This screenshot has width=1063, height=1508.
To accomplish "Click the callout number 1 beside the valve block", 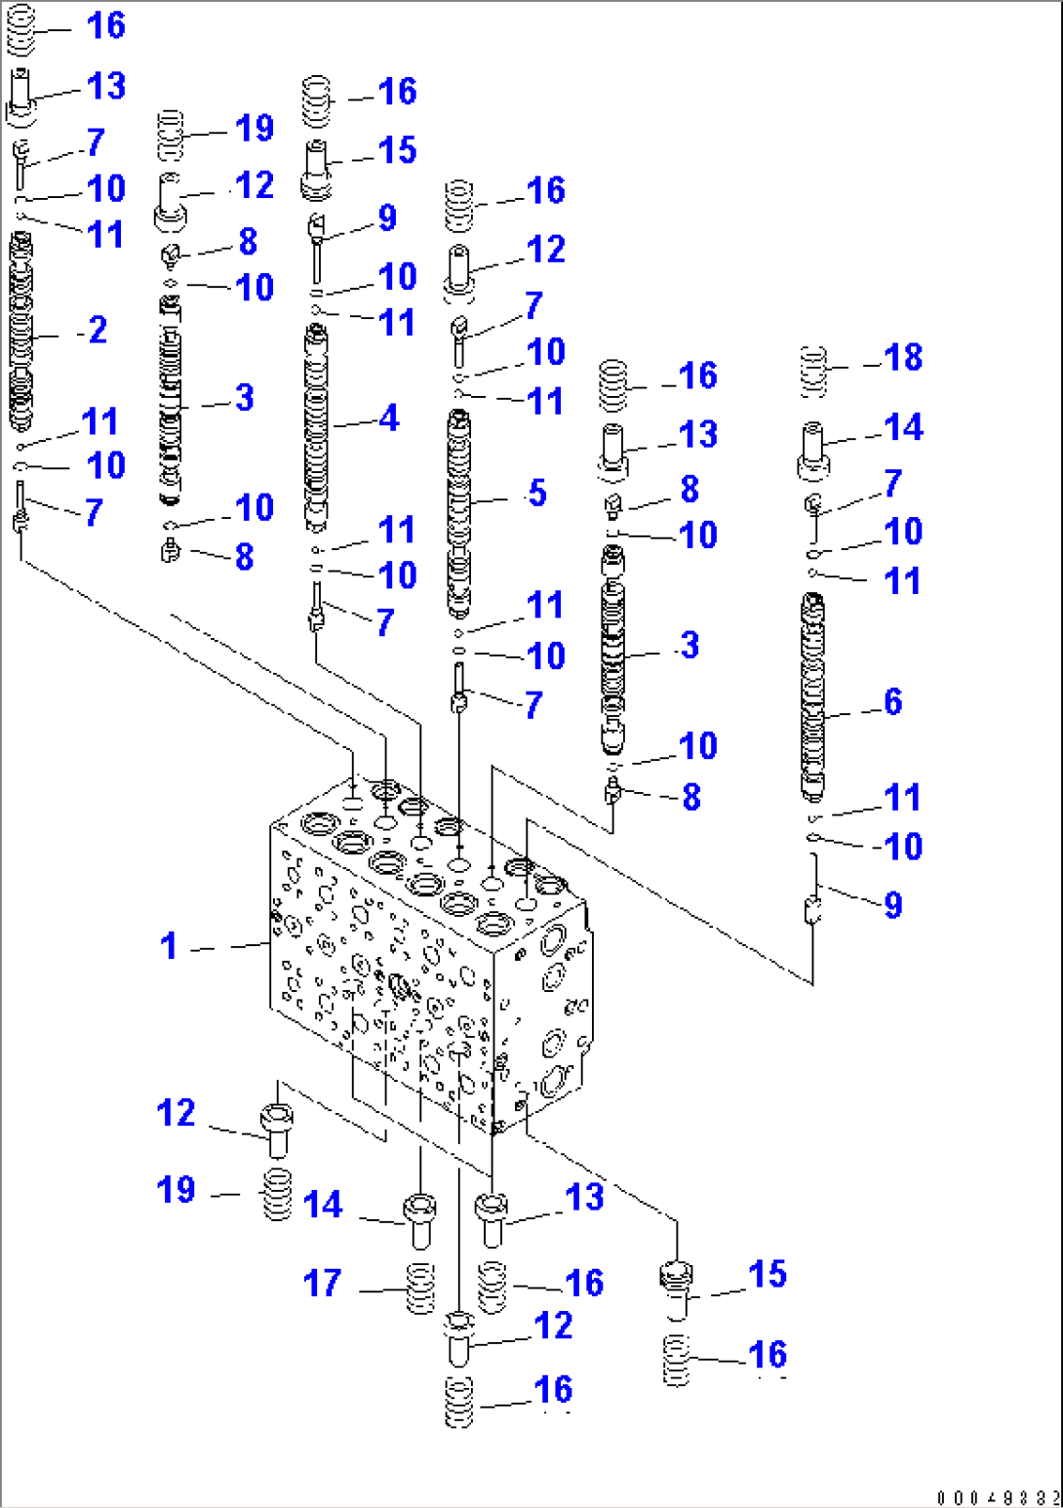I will [169, 945].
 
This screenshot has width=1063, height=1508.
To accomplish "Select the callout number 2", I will [98, 330].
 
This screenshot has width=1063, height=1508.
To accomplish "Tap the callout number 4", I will [388, 418].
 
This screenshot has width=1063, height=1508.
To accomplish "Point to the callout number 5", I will [536, 494].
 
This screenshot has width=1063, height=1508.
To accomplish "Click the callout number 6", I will [892, 701].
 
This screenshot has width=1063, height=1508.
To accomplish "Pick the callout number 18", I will [903, 358].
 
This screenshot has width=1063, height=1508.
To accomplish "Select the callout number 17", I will [323, 1283].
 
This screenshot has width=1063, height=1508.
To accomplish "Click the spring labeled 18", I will [814, 372].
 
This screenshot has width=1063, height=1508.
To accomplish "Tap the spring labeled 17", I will [420, 1288].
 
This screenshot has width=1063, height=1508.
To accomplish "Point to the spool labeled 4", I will [315, 429].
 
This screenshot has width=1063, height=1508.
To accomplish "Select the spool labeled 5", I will [459, 512].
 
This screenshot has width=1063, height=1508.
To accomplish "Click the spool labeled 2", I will [21, 332].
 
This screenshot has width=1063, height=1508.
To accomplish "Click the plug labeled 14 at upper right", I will [813, 450].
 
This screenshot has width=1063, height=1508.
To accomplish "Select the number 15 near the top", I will [397, 150].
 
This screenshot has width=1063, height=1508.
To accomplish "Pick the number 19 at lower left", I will [177, 1190].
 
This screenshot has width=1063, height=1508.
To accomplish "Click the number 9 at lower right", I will [892, 905].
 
